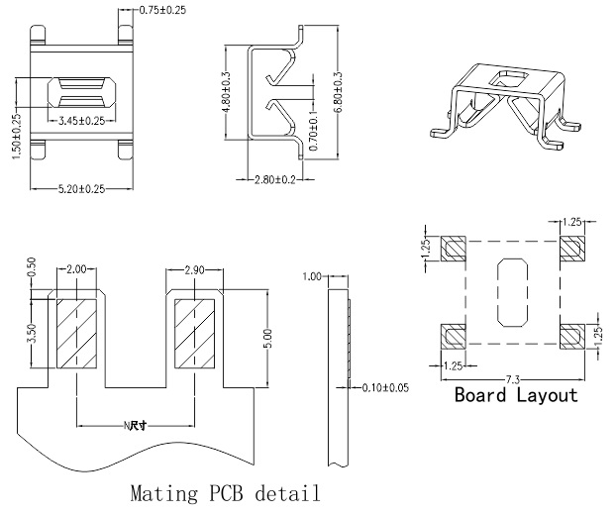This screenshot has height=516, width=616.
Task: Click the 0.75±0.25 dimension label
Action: tap(162, 10)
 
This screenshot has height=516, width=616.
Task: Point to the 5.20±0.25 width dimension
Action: tap(81, 187)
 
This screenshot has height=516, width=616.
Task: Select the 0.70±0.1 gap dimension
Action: tap(316, 131)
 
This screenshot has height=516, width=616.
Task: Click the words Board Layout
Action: tap(515, 396)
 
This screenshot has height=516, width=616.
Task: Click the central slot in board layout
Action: tap(512, 294)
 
